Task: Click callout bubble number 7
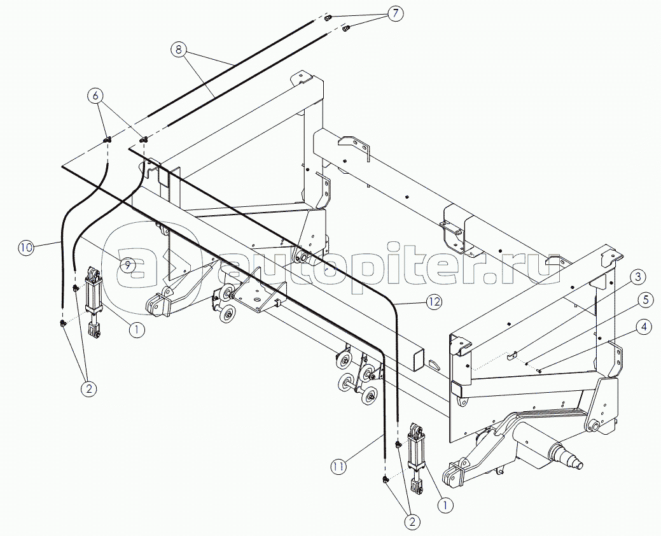pyautogui.click(x=394, y=13)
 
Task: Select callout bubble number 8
pyautogui.click(x=179, y=50)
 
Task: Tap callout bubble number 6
pyautogui.click(x=95, y=96)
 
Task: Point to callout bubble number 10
pyautogui.click(x=26, y=248)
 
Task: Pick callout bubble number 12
pyautogui.click(x=435, y=302)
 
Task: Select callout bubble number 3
pyautogui.click(x=638, y=277)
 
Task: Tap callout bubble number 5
pyautogui.click(x=644, y=300)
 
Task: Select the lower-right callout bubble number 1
pyautogui.click(x=445, y=504)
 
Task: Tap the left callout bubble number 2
pyautogui.click(x=88, y=388)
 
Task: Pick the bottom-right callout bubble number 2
pyautogui.click(x=412, y=521)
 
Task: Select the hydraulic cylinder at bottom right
pyautogui.click(x=415, y=460)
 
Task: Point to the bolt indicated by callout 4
pyautogui.click(x=539, y=370)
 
